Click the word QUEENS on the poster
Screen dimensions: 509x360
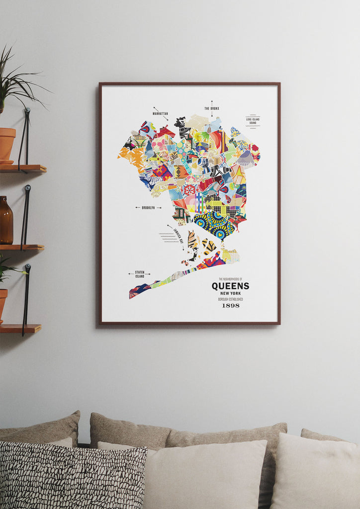tap(230, 286)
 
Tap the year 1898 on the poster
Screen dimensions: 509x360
tap(230, 305)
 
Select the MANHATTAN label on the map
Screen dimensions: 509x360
tap(160, 113)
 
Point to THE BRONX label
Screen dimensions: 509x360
tap(211, 108)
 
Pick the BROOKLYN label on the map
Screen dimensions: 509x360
tap(148, 207)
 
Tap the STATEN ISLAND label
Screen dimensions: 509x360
tap(139, 274)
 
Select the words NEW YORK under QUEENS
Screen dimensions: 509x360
tap(230, 294)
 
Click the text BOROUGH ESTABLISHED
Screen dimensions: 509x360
tap(230, 299)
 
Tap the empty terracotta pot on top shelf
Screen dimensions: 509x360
tap(7, 145)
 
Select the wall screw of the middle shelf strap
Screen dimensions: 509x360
tap(27, 188)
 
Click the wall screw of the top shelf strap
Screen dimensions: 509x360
tap(27, 111)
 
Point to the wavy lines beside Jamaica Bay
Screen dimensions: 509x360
tap(168, 237)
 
